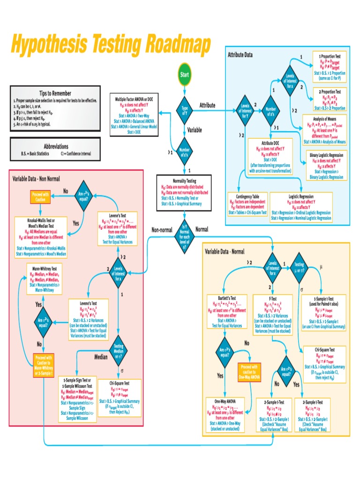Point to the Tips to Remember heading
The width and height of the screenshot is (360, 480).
pyautogui.click(x=55, y=93)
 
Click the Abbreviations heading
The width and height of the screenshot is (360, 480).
pyautogui.click(x=55, y=146)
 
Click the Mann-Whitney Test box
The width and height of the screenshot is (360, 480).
pyautogui.click(x=41, y=279)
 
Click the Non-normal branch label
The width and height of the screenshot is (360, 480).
pyautogui.click(x=162, y=230)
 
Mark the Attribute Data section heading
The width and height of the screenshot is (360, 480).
pyautogui.click(x=240, y=55)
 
